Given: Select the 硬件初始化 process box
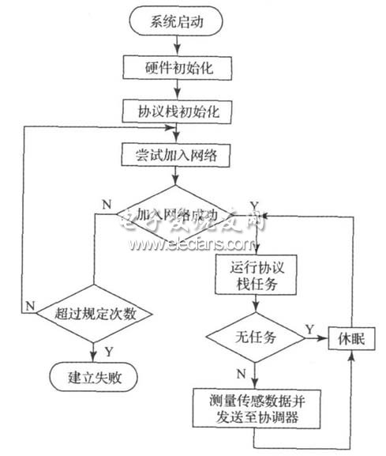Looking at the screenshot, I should coord(177,69).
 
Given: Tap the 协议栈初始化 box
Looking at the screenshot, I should coord(177,112).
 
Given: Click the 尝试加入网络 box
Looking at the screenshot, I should coord(177,155).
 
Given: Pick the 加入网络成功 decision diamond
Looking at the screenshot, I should coord(177,214).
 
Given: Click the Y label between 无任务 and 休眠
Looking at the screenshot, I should coord(310,326).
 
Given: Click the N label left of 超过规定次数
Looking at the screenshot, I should coord(29,304).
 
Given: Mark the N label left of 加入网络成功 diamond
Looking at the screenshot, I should coord(107,204).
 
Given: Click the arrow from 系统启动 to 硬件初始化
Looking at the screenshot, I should coord(177,46).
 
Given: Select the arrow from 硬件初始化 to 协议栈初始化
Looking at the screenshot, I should coord(177,90).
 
